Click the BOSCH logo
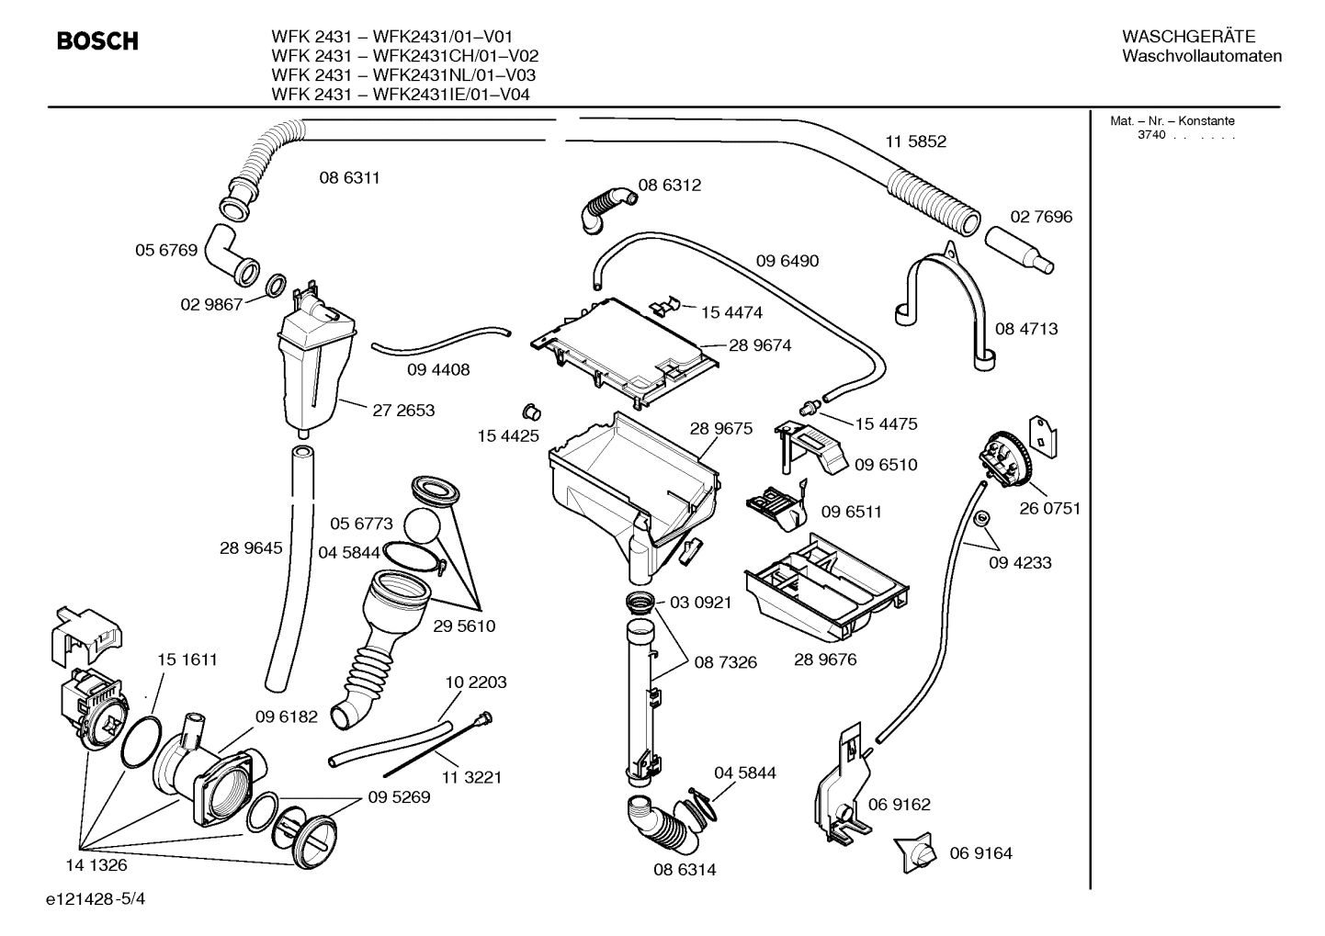(97, 41)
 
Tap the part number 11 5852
(915, 141)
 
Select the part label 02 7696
(1041, 217)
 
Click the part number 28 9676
(825, 660)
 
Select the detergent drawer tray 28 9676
(827, 588)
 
